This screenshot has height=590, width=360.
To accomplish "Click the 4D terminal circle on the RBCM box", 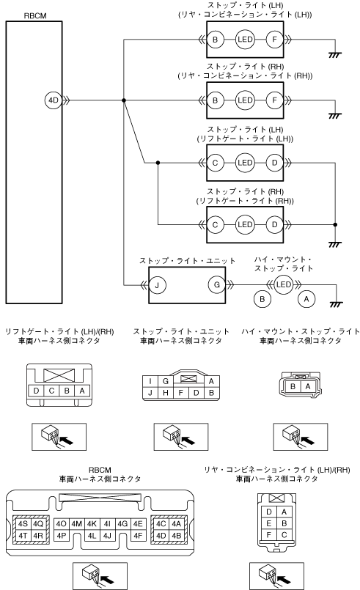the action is coord(54,100).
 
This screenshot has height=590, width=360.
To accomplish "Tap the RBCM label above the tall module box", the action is coord(35,16).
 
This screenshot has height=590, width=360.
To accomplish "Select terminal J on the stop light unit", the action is coord(157,285).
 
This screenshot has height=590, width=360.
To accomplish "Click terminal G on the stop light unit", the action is coord(217,285).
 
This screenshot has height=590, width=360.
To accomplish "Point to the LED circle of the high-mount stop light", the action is coord(284,284).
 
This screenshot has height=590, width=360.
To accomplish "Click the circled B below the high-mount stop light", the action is coord(262,299).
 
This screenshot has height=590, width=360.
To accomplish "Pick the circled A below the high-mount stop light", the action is coord(306,299).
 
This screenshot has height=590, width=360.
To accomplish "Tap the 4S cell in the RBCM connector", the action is coord(23,524).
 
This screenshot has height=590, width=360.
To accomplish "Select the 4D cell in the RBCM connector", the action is coord(161,535).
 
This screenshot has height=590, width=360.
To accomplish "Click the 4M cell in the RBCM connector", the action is coord(76,524).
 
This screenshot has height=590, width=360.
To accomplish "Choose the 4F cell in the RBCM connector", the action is coord(138,535).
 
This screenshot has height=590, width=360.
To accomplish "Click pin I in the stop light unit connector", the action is coord(150,381).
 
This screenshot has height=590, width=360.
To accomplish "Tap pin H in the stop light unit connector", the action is coord(165,393).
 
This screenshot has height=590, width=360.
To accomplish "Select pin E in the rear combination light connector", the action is coord(269,523).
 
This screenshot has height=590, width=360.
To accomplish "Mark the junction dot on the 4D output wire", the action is coord(124,100).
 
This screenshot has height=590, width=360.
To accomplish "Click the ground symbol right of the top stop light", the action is coord(334,55).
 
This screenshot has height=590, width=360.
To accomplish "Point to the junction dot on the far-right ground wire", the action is coord(335,224).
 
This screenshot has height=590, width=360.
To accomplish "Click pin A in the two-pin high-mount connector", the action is coord(308,386).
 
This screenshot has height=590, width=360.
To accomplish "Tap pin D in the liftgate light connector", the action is coord(36,391).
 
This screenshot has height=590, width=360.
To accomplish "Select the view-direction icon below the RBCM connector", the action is coord(100,575).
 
